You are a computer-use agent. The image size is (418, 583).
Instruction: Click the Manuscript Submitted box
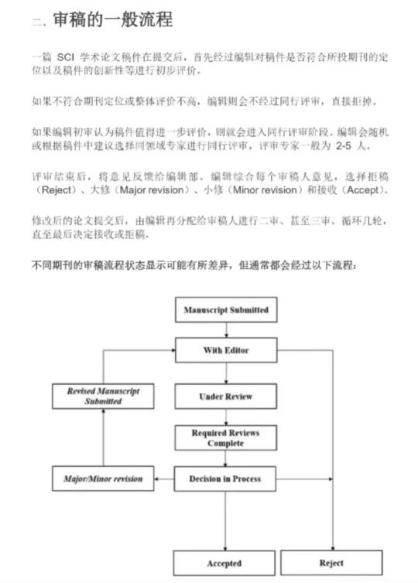[x=226, y=310]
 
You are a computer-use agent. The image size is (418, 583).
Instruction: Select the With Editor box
[x=226, y=349]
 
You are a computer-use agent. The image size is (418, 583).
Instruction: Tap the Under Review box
[x=225, y=397]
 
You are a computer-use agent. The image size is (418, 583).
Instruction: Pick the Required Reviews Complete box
[x=225, y=438]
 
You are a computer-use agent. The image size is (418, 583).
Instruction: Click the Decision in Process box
[x=224, y=479]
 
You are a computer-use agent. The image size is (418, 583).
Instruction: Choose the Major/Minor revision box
[x=103, y=479]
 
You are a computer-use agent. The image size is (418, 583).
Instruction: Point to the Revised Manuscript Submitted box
[x=103, y=397]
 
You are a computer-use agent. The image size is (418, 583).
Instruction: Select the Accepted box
[x=224, y=564]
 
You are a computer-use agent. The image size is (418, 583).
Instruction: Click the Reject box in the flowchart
[x=331, y=563]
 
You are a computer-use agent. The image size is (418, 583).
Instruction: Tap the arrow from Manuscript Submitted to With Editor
[x=226, y=330]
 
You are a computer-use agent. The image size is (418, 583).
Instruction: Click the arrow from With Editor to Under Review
[x=226, y=373]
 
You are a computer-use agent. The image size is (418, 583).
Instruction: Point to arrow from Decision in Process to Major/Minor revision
[x=164, y=479]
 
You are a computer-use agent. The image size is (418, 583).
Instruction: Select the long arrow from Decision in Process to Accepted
[x=225, y=521]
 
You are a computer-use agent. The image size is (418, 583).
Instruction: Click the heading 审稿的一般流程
[x=113, y=19]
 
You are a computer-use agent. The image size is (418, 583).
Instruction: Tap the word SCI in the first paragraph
[x=66, y=57]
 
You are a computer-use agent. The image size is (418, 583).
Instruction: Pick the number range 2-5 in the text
[x=343, y=145]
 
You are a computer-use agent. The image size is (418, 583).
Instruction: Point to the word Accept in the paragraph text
[x=363, y=190]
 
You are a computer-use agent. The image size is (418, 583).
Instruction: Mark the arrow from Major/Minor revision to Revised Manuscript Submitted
[x=103, y=438]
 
